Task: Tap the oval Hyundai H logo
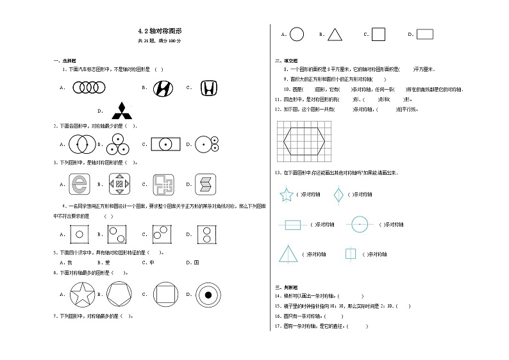(x=163, y=88)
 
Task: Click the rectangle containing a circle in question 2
(x=165, y=145)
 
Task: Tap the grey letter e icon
(x=79, y=184)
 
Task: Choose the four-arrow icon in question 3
(x=119, y=184)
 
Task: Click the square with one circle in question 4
(x=79, y=234)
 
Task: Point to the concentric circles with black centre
(x=208, y=295)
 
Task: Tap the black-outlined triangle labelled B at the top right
(x=335, y=35)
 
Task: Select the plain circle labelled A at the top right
(x=297, y=35)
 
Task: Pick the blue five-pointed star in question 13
(x=286, y=194)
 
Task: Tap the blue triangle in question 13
(x=287, y=254)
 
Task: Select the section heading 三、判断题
(x=284, y=288)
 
